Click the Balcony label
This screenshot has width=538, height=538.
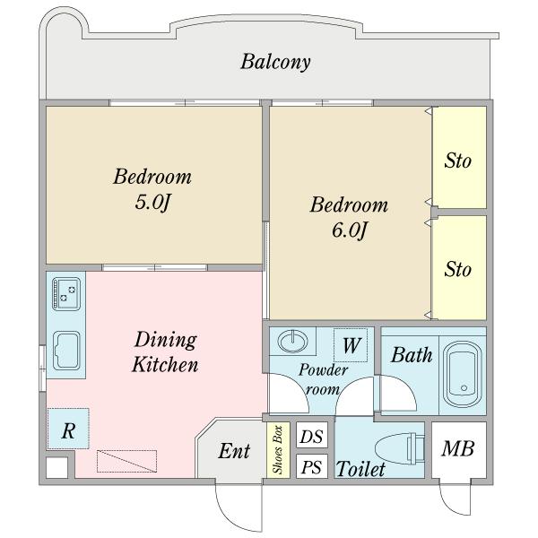point(275,62)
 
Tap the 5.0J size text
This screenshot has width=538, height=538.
point(152,202)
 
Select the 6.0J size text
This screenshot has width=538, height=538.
point(350,230)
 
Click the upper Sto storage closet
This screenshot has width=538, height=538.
point(459,157)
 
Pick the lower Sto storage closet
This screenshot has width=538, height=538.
point(459,267)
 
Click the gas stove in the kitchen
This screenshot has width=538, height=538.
point(66,294)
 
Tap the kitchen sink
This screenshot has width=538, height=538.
point(66,351)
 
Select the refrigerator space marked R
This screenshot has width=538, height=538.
point(68,429)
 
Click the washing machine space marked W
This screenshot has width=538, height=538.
point(351,345)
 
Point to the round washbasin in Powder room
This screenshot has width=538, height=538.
point(292,341)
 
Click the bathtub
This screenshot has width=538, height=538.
point(462,374)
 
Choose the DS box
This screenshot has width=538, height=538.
point(311,435)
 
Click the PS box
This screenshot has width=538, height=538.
point(311,466)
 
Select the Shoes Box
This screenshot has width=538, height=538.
point(278,449)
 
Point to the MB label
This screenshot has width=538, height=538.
point(457,448)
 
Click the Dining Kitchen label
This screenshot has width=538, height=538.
point(165,351)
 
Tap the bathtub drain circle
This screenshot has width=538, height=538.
point(464,388)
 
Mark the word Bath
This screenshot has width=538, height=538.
point(412,355)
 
